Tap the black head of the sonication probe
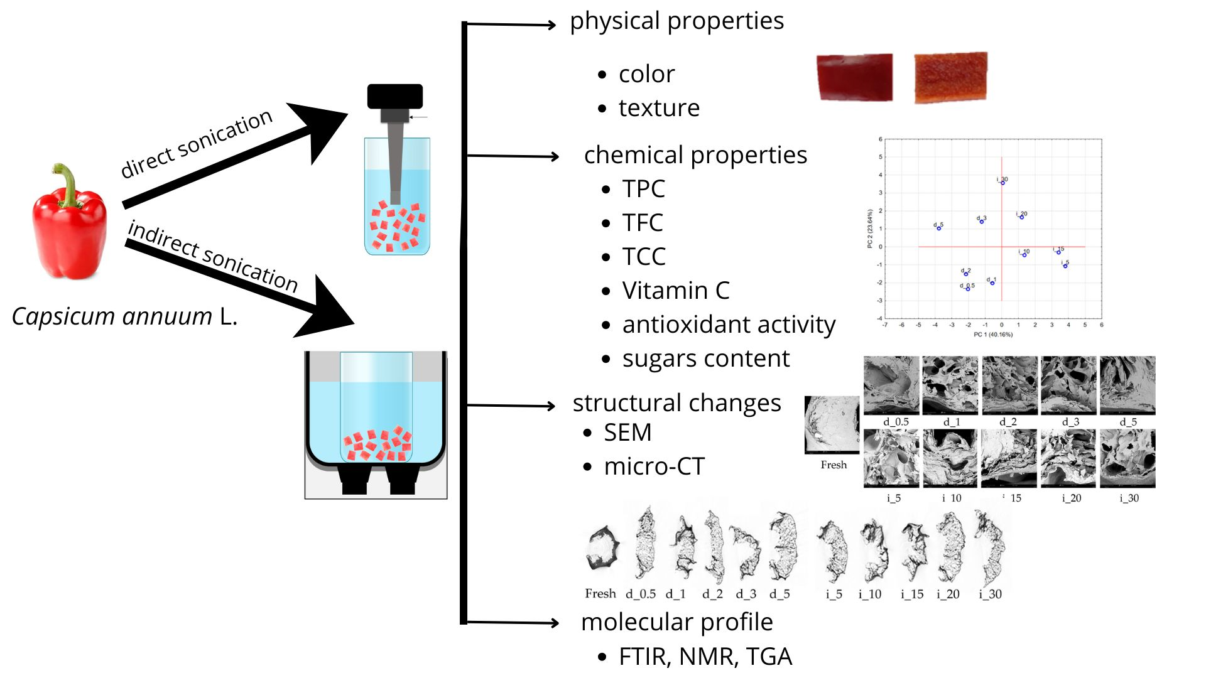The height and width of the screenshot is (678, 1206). (394, 96)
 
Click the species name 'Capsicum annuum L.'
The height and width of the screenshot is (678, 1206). (124, 316)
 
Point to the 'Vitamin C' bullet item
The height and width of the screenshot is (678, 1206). (676, 291)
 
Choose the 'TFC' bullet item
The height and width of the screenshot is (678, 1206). (643, 223)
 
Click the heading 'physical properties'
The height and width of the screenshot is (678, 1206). (676, 21)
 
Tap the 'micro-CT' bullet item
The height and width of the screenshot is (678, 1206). (654, 466)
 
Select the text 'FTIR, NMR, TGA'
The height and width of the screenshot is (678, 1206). (705, 657)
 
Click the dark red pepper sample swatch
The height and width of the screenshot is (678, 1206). (854, 77)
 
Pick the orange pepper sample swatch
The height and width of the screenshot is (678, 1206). (950, 77)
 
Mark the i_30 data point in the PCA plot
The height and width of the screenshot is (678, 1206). (1003, 183)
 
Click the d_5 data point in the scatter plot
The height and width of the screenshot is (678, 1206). (939, 228)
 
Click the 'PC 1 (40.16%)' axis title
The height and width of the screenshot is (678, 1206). (993, 335)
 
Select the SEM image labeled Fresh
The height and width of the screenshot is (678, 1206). (832, 424)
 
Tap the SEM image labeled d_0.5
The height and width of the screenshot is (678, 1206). (891, 385)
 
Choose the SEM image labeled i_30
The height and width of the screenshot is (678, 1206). (1127, 458)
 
